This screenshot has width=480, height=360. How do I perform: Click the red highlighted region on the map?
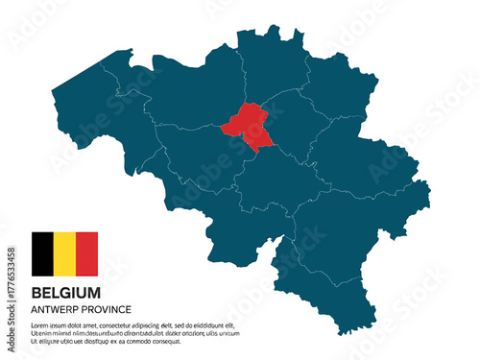click(247, 125)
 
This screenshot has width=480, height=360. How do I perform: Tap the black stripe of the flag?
click(42, 253)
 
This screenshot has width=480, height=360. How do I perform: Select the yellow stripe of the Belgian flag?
click(64, 253)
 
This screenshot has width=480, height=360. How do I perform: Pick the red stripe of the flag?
click(86, 253)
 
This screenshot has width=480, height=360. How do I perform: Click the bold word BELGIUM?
click(66, 292)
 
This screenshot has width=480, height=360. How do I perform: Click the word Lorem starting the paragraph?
click(41, 325)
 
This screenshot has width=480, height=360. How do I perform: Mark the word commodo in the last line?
click(142, 341)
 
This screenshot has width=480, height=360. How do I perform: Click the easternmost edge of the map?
click(429, 184)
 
